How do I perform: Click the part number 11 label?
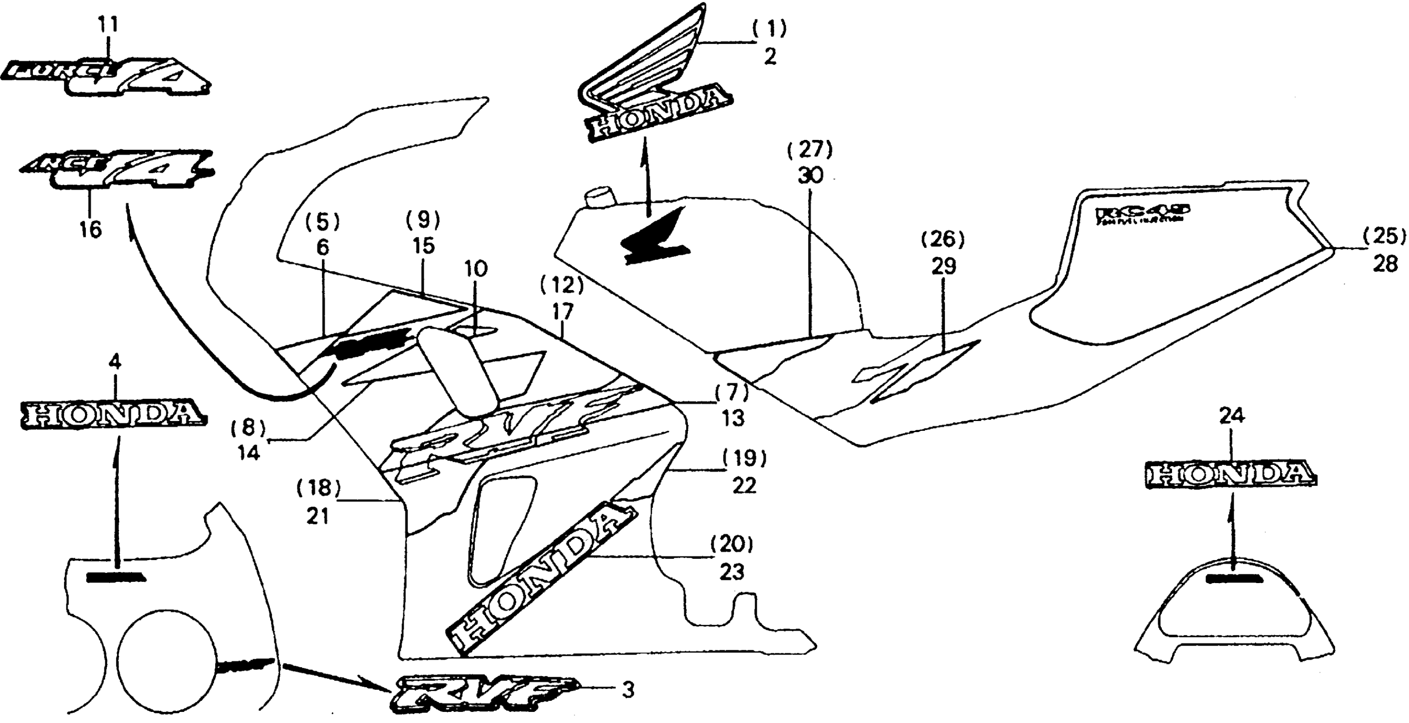tap(108, 25)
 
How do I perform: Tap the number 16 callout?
tap(90, 230)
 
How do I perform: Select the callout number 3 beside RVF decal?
tap(628, 690)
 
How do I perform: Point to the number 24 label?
tap(1232, 416)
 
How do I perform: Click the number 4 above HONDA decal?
tap(115, 362)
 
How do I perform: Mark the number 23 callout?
tap(731, 572)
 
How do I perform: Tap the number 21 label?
tap(317, 516)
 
